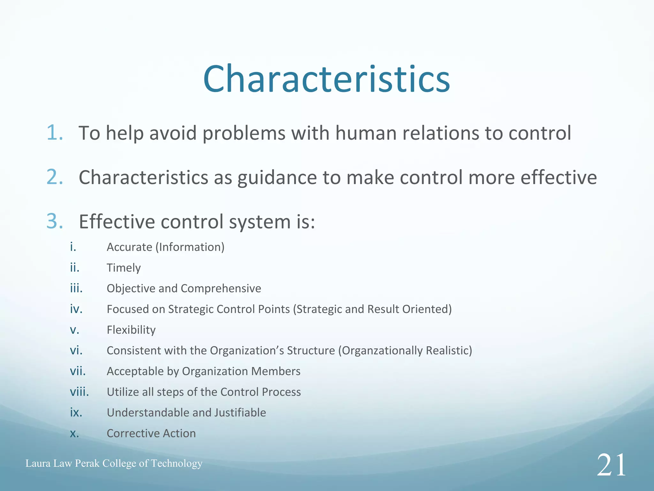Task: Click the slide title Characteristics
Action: (x=326, y=79)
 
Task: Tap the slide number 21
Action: (x=611, y=465)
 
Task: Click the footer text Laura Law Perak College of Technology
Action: (x=114, y=463)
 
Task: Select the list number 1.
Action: (x=55, y=133)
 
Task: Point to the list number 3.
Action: (x=55, y=221)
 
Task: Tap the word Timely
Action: (x=124, y=268)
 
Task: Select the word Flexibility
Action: (x=131, y=330)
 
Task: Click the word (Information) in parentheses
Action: (x=190, y=247)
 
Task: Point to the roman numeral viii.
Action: (x=79, y=392)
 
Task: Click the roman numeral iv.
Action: (x=76, y=309)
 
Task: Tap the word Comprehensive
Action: (x=221, y=289)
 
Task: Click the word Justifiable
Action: (x=240, y=413)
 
